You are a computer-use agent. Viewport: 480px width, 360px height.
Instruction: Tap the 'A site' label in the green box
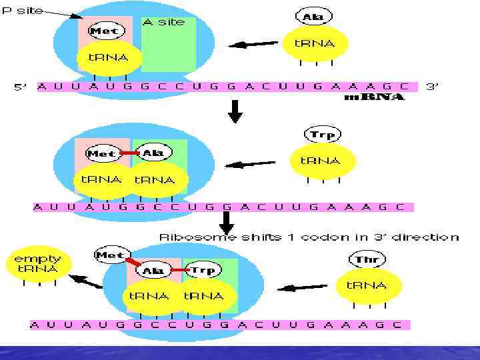163,22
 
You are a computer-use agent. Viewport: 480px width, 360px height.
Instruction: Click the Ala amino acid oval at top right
309,16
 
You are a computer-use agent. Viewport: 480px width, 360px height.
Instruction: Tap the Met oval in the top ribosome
103,31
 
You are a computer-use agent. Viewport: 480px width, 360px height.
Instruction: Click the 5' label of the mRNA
21,87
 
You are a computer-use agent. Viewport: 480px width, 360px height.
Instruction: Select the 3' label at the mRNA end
433,86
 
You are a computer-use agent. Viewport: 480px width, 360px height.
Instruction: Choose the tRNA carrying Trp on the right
321,161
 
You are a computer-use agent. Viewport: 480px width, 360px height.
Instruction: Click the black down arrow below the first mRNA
235,111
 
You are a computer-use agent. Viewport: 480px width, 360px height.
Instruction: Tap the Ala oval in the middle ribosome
153,153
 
